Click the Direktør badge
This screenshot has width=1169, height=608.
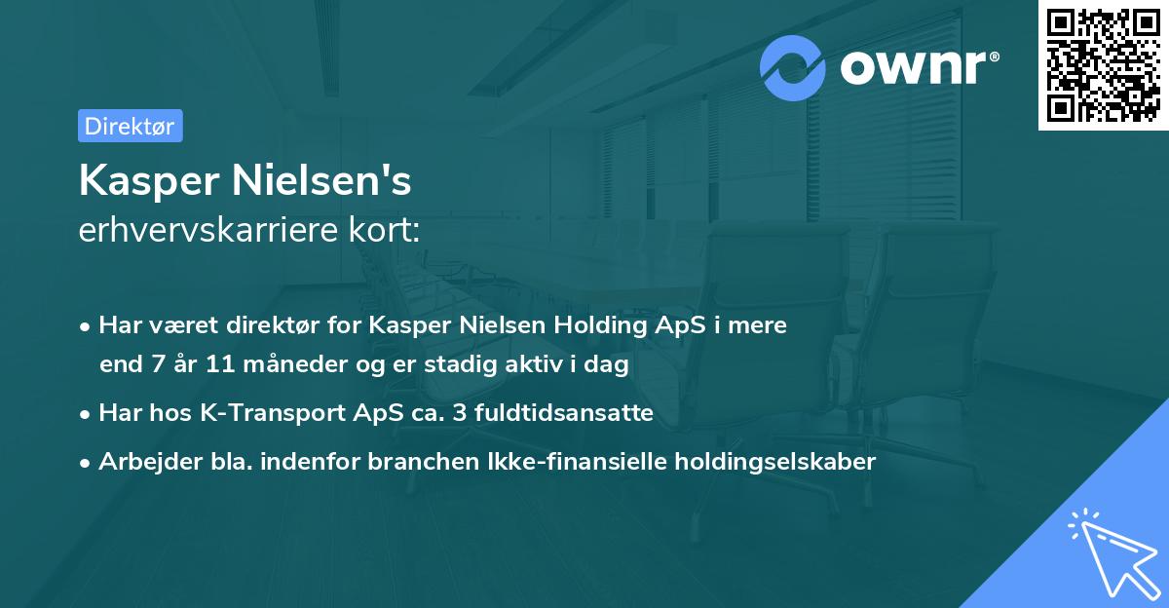point(130,126)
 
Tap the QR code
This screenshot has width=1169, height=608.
point(1103,64)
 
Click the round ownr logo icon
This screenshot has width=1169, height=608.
point(793,67)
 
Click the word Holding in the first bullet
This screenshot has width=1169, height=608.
point(580,325)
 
